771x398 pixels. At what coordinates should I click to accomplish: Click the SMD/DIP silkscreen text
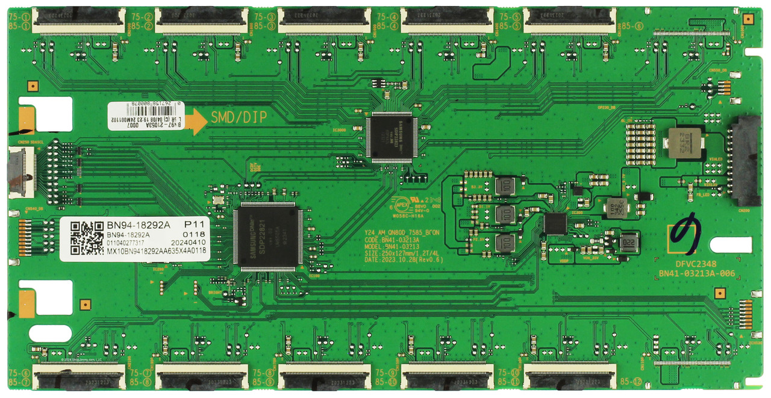pos(239,118)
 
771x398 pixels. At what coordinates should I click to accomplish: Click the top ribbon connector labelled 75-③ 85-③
pos(324,20)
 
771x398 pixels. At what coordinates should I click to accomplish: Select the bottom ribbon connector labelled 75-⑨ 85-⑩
pos(447,377)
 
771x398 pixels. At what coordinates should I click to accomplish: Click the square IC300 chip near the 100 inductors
pos(555,223)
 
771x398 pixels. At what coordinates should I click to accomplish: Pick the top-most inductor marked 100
pos(506,185)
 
